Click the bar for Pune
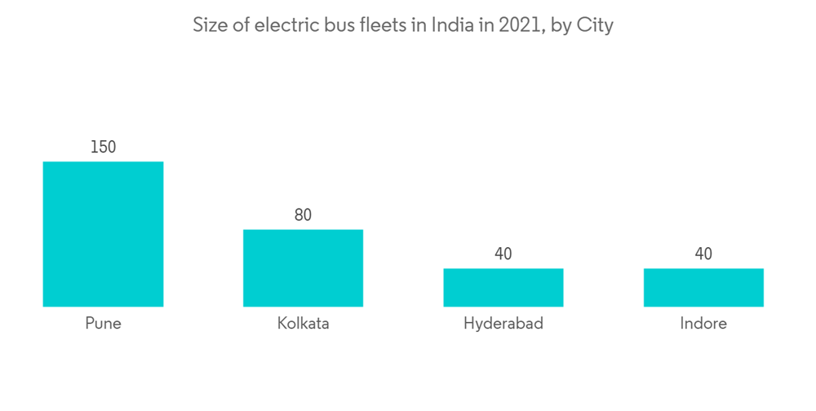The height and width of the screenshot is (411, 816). point(103,234)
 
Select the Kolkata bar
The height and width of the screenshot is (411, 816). point(303,268)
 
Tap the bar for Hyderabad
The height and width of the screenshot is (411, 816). point(503,287)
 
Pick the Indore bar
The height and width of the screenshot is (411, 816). point(703,287)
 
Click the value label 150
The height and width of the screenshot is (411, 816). point(103,148)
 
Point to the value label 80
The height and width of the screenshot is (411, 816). point(303,215)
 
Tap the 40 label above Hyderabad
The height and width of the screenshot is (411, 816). point(503,254)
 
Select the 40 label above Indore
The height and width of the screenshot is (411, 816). point(703,254)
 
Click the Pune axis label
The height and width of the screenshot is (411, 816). point(103,324)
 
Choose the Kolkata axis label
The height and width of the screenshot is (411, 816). point(303,324)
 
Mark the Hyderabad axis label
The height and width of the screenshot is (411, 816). point(503,324)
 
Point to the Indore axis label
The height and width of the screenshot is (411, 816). point(703,324)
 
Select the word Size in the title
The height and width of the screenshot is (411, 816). point(209,25)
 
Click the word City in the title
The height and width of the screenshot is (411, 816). point(594,25)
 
